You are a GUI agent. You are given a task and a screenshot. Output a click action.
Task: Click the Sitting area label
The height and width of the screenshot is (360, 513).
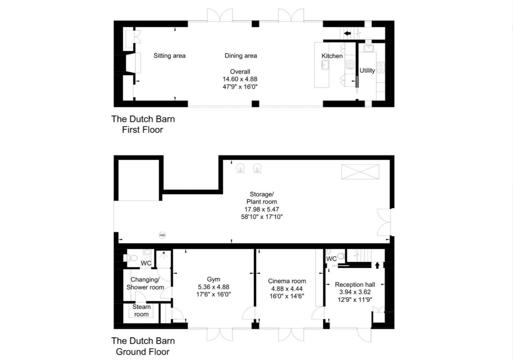[169, 56]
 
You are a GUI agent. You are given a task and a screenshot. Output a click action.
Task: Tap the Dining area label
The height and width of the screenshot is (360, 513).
[241, 56]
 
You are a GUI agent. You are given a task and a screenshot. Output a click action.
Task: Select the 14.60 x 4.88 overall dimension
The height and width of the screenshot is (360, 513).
[240, 79]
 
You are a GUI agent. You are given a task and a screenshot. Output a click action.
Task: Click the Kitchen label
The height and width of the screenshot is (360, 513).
[332, 56]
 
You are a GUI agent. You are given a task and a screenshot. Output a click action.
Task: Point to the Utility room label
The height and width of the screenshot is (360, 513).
[367, 71]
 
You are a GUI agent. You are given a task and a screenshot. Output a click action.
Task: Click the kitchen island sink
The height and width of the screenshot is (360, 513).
[325, 65]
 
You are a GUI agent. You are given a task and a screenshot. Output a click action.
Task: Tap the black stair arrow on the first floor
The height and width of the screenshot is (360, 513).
[347, 34]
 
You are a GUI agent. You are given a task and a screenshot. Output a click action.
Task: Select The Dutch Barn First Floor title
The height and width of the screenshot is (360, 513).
[143, 124]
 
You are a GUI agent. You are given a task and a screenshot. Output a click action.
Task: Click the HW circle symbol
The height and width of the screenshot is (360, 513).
[162, 235]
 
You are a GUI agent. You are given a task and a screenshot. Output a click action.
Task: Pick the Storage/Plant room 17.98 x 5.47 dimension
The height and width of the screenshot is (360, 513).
[262, 209]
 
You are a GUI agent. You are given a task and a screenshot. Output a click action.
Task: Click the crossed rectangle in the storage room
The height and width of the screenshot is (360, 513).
[360, 171]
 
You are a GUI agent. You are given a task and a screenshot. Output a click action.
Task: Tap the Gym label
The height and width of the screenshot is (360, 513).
[214, 279]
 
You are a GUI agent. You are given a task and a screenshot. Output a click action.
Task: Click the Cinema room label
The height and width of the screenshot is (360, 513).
[287, 281]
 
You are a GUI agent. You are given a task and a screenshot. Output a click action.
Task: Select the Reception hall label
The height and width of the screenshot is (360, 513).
[355, 285]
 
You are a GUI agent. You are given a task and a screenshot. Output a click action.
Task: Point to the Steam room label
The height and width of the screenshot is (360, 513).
[141, 311]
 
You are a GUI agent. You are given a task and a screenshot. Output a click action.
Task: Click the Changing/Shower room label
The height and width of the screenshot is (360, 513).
[145, 283]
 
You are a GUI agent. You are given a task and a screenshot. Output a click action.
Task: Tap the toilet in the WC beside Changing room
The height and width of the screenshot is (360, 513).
[131, 258]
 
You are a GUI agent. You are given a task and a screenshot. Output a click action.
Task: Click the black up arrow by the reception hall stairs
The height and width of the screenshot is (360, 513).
[377, 266]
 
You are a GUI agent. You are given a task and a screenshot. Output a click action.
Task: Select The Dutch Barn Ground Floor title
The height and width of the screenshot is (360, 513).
[143, 346]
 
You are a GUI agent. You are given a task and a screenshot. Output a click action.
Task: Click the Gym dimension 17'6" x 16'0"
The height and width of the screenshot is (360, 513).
[214, 294]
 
